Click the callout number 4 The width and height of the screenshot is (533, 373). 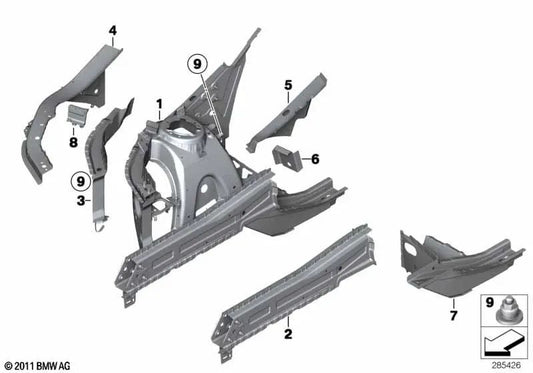(112, 31)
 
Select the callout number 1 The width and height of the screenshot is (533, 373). (157, 104)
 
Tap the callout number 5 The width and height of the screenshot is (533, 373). (287, 85)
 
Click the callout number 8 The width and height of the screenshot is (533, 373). (73, 142)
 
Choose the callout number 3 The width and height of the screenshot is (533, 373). (80, 200)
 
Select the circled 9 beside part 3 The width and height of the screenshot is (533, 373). (76, 182)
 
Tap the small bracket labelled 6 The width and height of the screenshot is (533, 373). (285, 157)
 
